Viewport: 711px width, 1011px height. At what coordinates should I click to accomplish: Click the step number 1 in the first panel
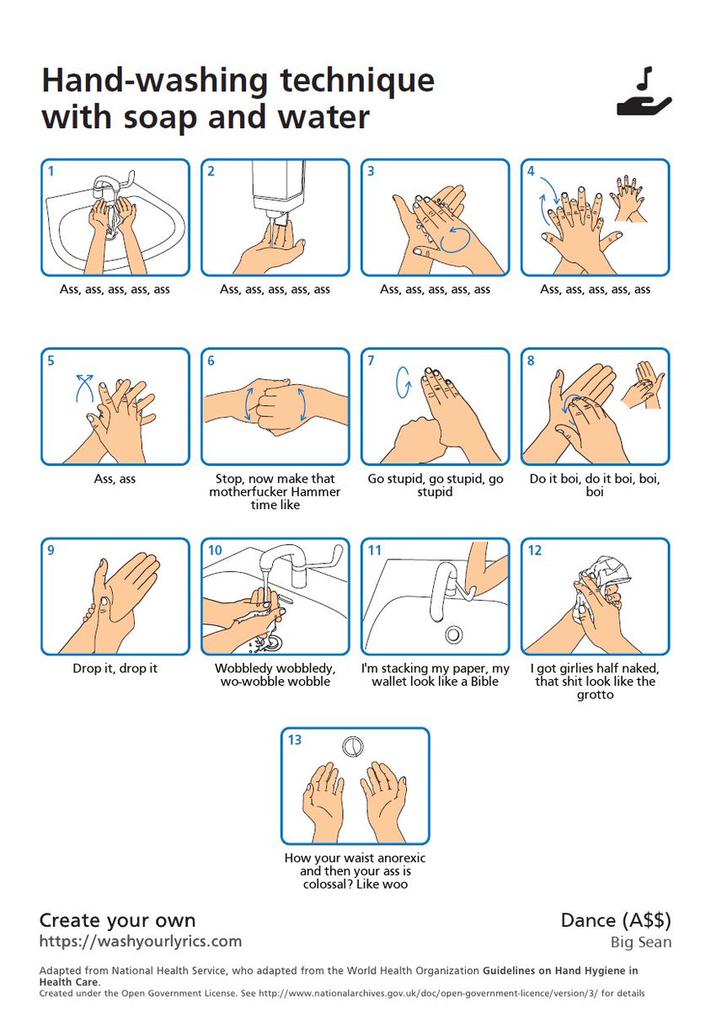(51, 171)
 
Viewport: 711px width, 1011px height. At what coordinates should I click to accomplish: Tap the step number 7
(371, 361)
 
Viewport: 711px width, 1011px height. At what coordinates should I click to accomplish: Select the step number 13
(294, 740)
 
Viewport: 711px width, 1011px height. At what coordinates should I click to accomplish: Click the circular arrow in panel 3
(455, 238)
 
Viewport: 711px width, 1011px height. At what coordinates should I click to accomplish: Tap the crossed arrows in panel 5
(84, 387)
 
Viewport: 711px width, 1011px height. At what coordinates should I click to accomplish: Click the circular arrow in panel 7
(404, 382)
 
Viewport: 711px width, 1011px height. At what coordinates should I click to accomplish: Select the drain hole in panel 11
(452, 634)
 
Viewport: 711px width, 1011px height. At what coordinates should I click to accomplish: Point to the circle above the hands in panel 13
(353, 746)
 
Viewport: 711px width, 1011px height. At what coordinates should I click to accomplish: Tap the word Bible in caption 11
(484, 681)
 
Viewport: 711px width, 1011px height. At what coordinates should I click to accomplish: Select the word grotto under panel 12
(595, 694)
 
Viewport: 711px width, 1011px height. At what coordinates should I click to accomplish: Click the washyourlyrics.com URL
(141, 942)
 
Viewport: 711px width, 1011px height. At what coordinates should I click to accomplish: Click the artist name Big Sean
(641, 942)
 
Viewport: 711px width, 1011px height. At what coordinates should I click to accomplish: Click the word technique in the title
(357, 83)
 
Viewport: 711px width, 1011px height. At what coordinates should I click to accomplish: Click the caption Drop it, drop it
(115, 668)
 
